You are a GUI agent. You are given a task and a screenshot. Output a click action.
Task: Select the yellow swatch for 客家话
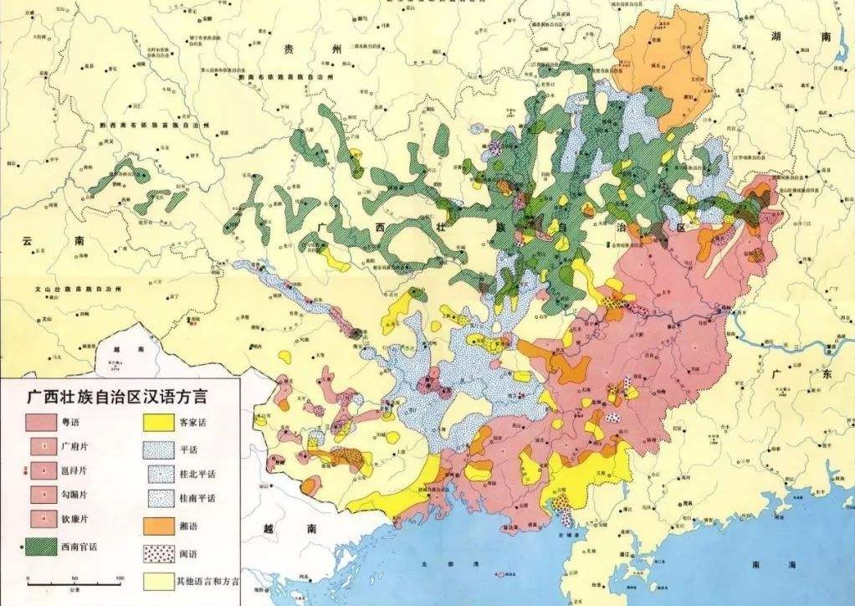[156, 422]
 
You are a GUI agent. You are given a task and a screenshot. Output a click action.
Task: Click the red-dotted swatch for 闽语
[156, 552]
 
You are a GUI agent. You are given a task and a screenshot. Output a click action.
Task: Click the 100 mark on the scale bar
[119, 578]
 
